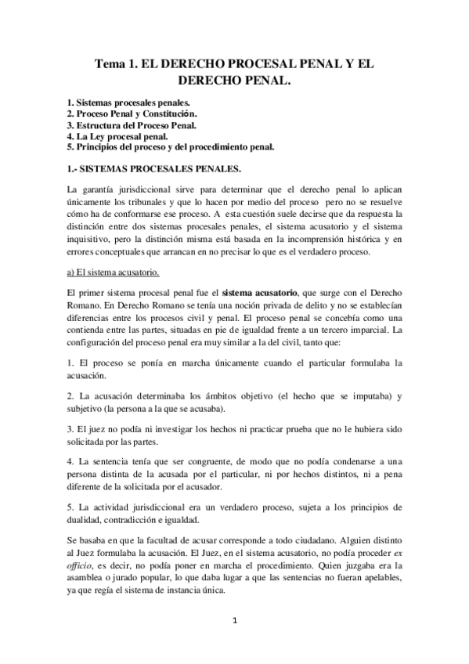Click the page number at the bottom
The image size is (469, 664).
coord(234,621)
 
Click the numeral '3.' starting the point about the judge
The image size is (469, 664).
coord(70,430)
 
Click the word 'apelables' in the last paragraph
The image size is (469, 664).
coord(377,579)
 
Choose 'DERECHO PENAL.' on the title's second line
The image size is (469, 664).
coord(234,81)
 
